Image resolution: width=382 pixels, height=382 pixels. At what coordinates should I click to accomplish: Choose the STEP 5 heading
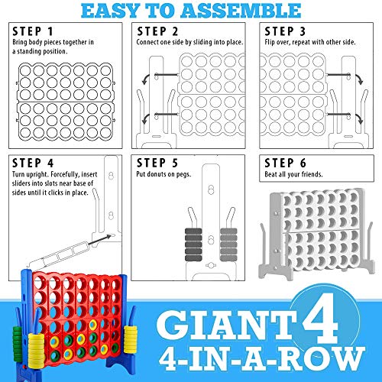(x=157, y=163)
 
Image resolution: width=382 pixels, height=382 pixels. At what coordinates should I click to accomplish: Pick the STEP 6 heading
(x=283, y=163)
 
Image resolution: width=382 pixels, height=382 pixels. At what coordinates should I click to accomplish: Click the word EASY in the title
(x=114, y=10)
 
